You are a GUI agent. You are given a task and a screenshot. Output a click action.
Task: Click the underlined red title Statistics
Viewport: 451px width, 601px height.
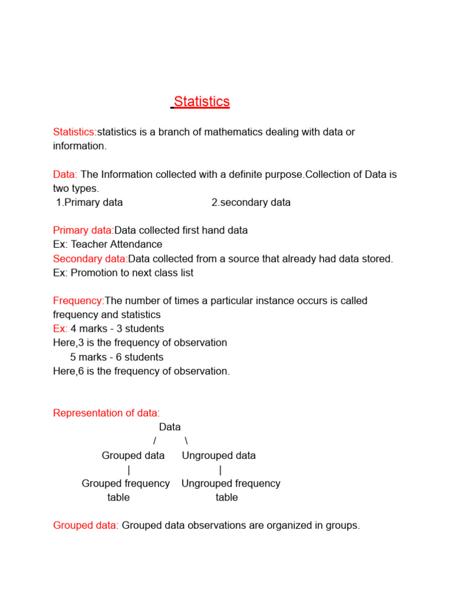(x=201, y=102)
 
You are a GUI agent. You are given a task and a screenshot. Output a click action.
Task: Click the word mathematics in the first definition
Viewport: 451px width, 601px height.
(x=231, y=132)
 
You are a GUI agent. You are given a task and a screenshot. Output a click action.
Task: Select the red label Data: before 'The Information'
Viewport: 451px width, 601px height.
(x=65, y=174)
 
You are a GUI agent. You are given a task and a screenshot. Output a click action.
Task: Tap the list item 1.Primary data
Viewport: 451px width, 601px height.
(x=89, y=202)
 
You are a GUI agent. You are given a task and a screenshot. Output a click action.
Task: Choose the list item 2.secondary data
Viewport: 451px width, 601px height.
(x=251, y=202)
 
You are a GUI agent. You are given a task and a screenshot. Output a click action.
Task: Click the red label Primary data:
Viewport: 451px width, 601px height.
(x=83, y=231)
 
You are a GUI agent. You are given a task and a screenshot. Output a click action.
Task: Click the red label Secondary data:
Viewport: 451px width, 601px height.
(x=90, y=259)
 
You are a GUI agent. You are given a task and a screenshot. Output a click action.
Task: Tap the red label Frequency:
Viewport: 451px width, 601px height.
(x=79, y=301)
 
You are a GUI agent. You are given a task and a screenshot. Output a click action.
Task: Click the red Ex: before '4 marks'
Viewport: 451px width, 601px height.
(x=60, y=329)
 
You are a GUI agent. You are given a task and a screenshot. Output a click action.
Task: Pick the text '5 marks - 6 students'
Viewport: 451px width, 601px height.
(x=117, y=357)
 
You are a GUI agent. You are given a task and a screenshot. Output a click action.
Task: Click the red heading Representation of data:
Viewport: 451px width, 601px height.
(x=106, y=413)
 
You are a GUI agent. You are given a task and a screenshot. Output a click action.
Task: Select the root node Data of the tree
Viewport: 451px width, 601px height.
(x=170, y=427)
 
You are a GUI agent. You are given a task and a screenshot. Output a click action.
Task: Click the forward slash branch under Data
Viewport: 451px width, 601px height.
(x=154, y=441)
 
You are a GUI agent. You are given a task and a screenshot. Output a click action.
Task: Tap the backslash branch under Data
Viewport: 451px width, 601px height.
(x=186, y=441)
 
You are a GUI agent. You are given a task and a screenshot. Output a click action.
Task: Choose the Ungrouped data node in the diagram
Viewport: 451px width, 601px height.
(x=218, y=455)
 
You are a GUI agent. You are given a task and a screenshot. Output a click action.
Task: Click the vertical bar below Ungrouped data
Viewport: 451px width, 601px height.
(x=220, y=470)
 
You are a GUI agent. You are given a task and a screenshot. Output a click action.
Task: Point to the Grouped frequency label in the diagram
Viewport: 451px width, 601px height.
(x=126, y=484)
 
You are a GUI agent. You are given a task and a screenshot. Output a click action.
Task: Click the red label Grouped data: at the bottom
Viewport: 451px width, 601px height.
(x=86, y=526)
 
